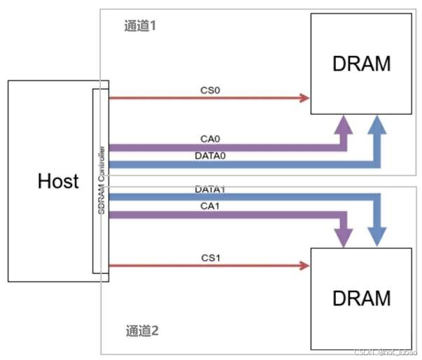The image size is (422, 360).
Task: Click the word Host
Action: [58, 181]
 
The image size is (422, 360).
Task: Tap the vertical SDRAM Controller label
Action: [102, 180]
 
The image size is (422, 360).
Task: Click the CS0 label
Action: [209, 89]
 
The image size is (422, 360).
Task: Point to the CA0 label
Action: [209, 139]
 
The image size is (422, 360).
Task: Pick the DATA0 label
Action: [210, 155]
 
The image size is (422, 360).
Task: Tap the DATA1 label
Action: [210, 189]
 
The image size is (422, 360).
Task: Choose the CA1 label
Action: [209, 206]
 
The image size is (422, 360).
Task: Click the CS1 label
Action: [209, 257]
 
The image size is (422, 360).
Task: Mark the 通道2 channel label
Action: [142, 331]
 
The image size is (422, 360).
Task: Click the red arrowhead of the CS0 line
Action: [305, 98]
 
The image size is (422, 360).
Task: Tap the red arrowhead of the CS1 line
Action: [305, 265]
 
